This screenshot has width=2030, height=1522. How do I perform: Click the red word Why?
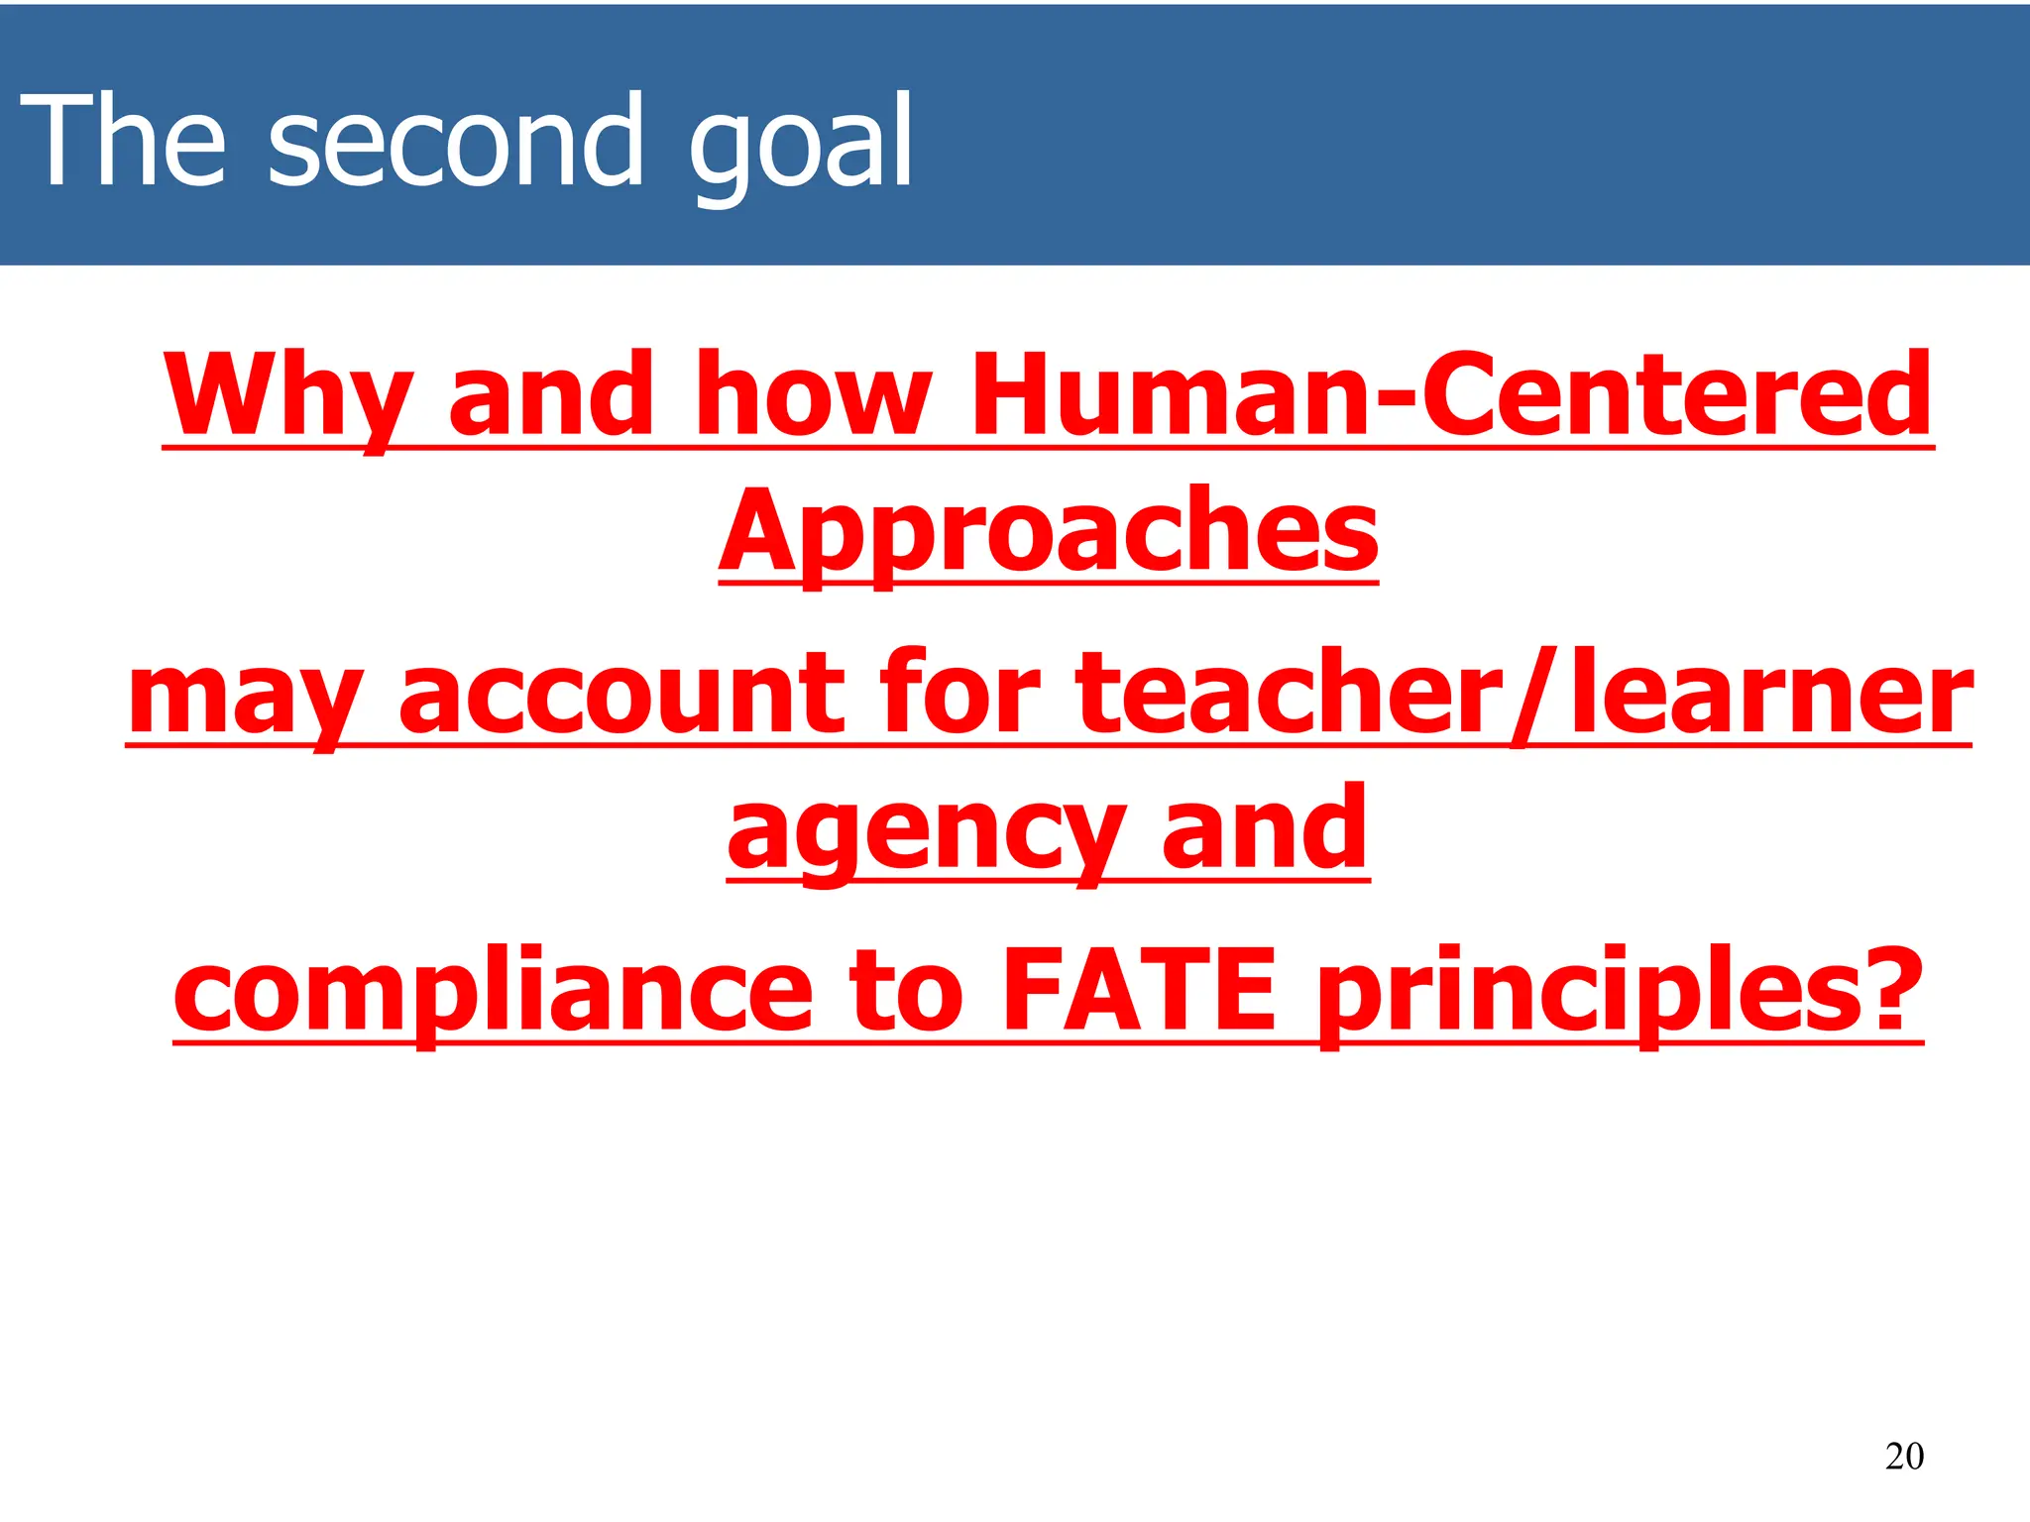coord(287,396)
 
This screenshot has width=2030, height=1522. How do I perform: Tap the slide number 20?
coord(1904,1456)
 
